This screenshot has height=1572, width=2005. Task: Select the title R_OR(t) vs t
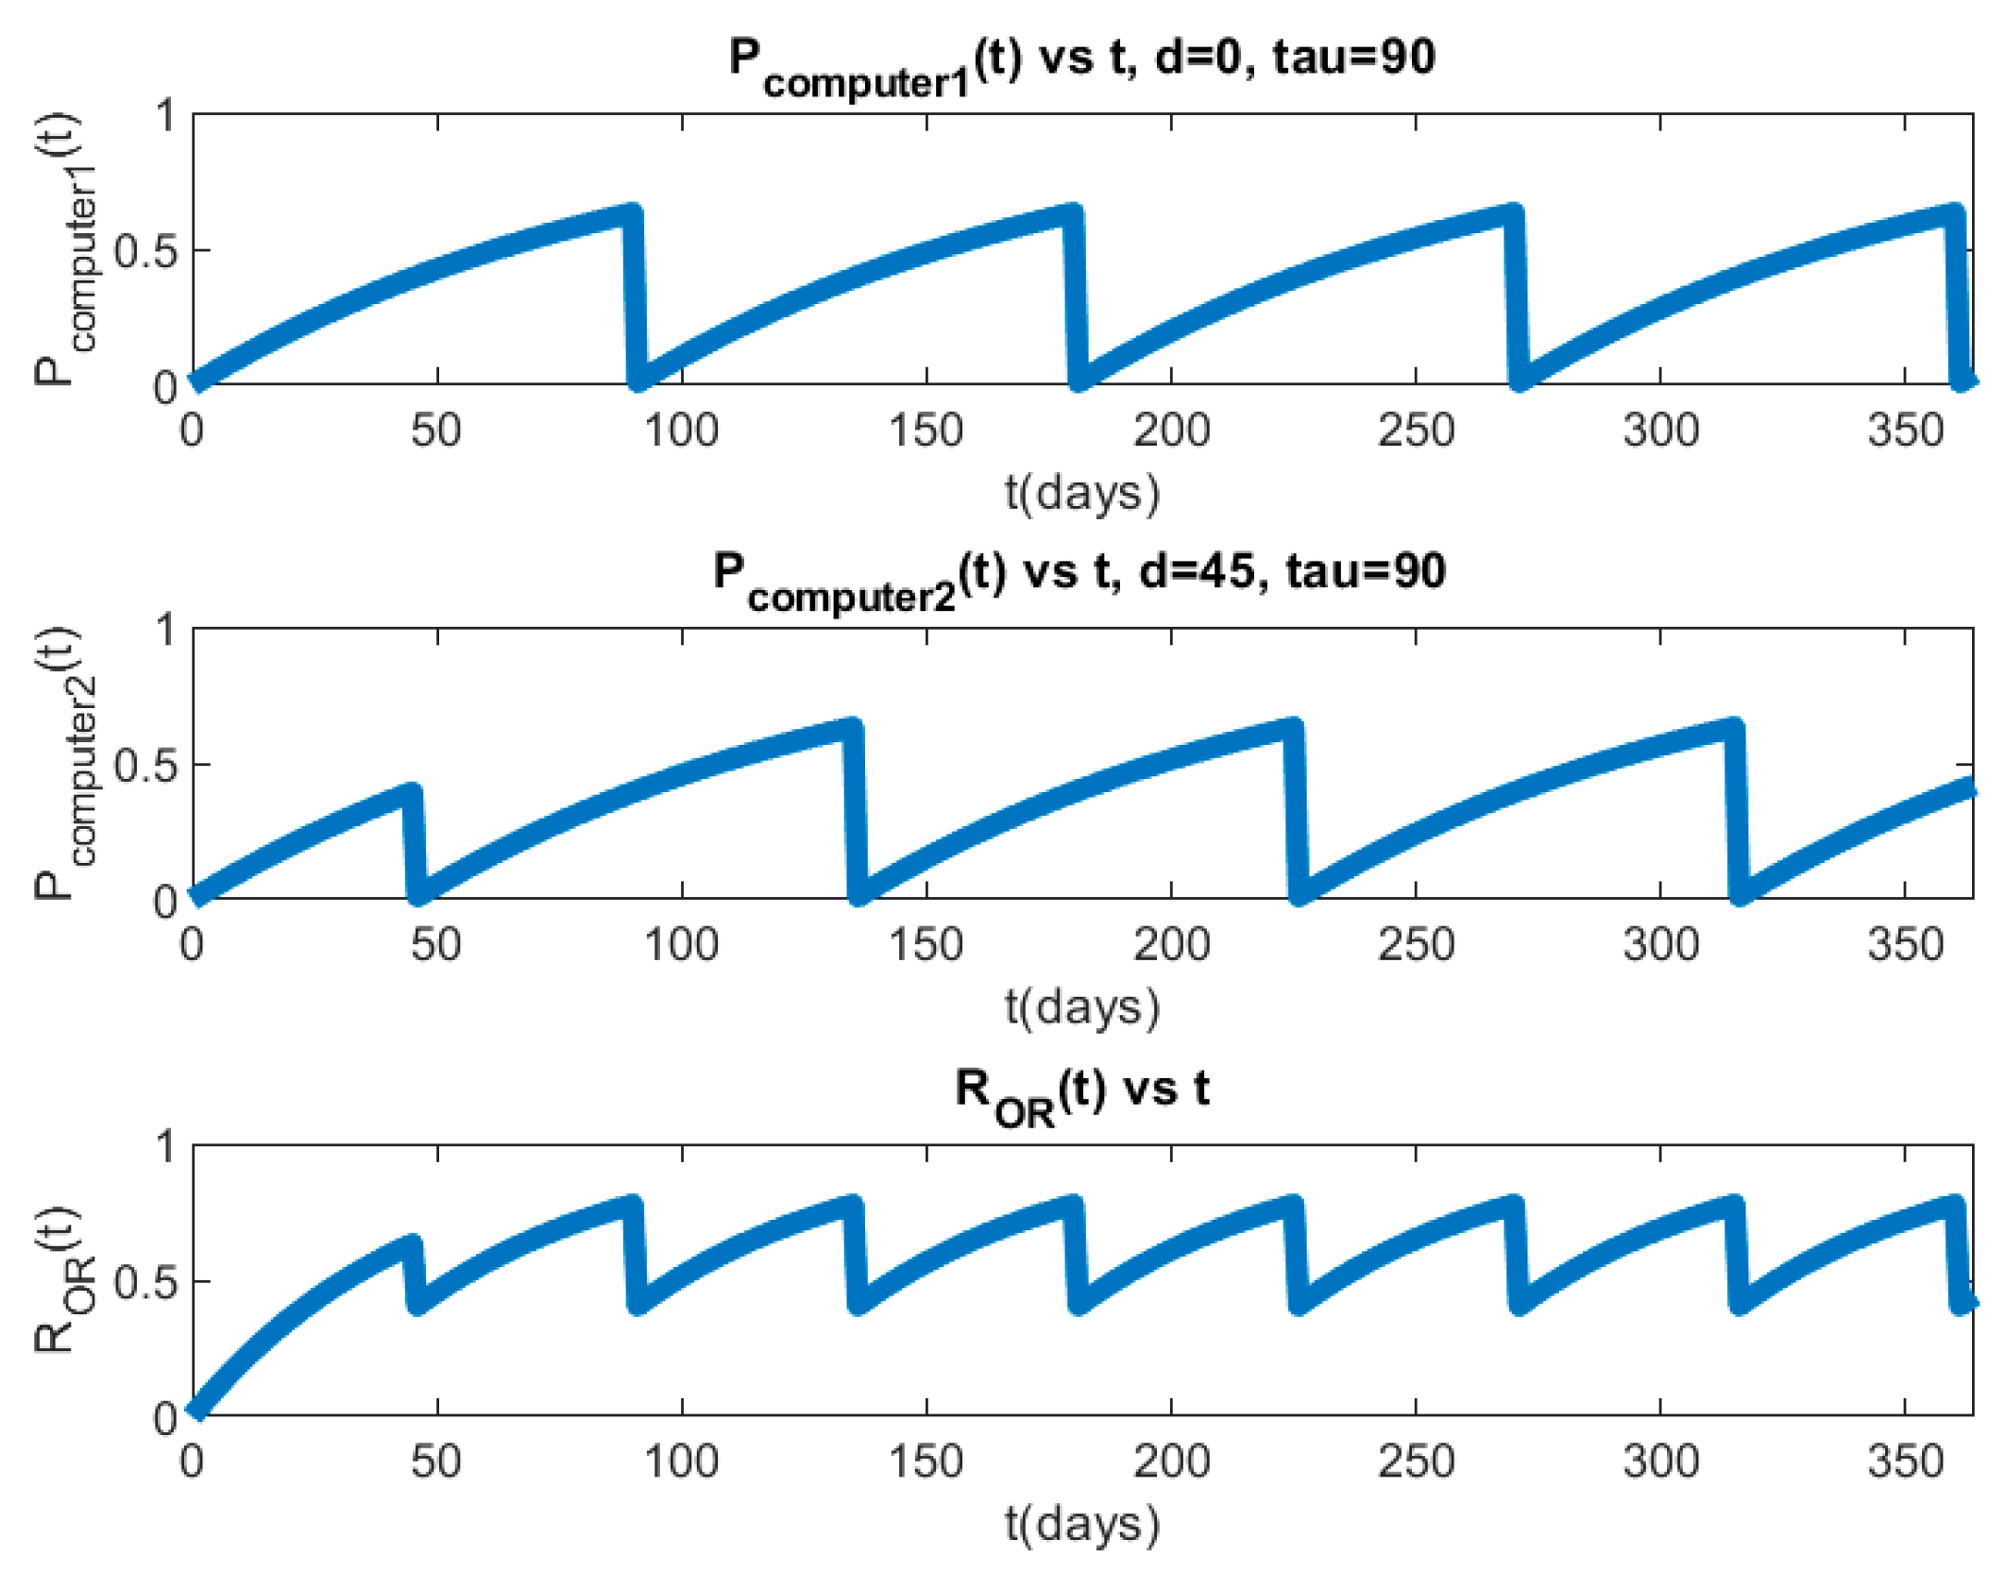[1081, 1091]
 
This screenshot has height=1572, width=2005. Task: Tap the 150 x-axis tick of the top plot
[926, 431]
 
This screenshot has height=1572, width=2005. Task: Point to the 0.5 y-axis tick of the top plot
[145, 251]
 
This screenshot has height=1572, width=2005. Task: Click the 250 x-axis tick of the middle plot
[1415, 945]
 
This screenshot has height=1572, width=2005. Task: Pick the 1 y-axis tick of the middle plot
[166, 630]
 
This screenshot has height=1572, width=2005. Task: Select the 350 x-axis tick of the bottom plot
[1904, 1462]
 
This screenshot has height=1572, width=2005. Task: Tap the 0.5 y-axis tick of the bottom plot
[145, 1283]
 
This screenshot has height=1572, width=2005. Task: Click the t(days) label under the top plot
[1081, 493]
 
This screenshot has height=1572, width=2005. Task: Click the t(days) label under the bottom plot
[1081, 1523]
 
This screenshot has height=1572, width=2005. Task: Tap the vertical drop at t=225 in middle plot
[1295, 812]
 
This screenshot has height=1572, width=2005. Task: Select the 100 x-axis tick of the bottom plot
[681, 1462]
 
